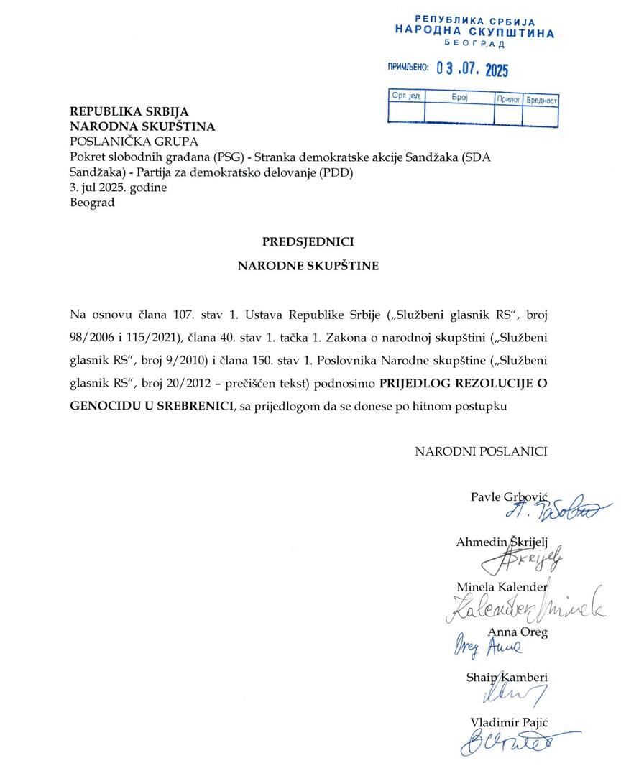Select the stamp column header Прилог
coord(508,98)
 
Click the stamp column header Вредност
coord(541,100)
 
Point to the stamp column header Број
coord(460,96)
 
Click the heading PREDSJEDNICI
coord(308,241)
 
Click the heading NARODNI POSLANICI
coord(481,451)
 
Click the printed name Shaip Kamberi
coord(507,677)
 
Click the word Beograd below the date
coord(91,203)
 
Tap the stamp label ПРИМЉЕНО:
coord(408,68)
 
